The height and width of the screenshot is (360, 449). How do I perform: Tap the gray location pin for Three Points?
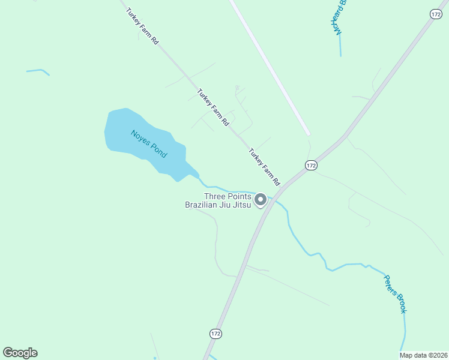click(261, 200)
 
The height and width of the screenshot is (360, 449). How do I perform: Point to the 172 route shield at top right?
click(436, 13)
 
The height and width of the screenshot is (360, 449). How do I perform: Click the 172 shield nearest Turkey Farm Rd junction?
click(310, 165)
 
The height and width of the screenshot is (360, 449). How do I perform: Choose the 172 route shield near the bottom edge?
click(216, 333)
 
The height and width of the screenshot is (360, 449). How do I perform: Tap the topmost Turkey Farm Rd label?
click(142, 25)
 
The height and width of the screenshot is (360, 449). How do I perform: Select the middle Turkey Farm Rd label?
click(213, 107)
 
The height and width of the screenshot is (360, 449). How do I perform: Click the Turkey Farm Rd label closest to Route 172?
click(265, 166)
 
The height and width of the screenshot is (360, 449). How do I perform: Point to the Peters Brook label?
click(396, 293)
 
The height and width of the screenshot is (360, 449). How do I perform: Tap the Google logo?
click(20, 353)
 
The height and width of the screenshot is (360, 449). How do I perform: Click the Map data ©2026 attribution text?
click(423, 355)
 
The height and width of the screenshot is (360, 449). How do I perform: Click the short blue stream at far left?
click(37, 71)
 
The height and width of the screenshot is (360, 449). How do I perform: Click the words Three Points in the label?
click(228, 196)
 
